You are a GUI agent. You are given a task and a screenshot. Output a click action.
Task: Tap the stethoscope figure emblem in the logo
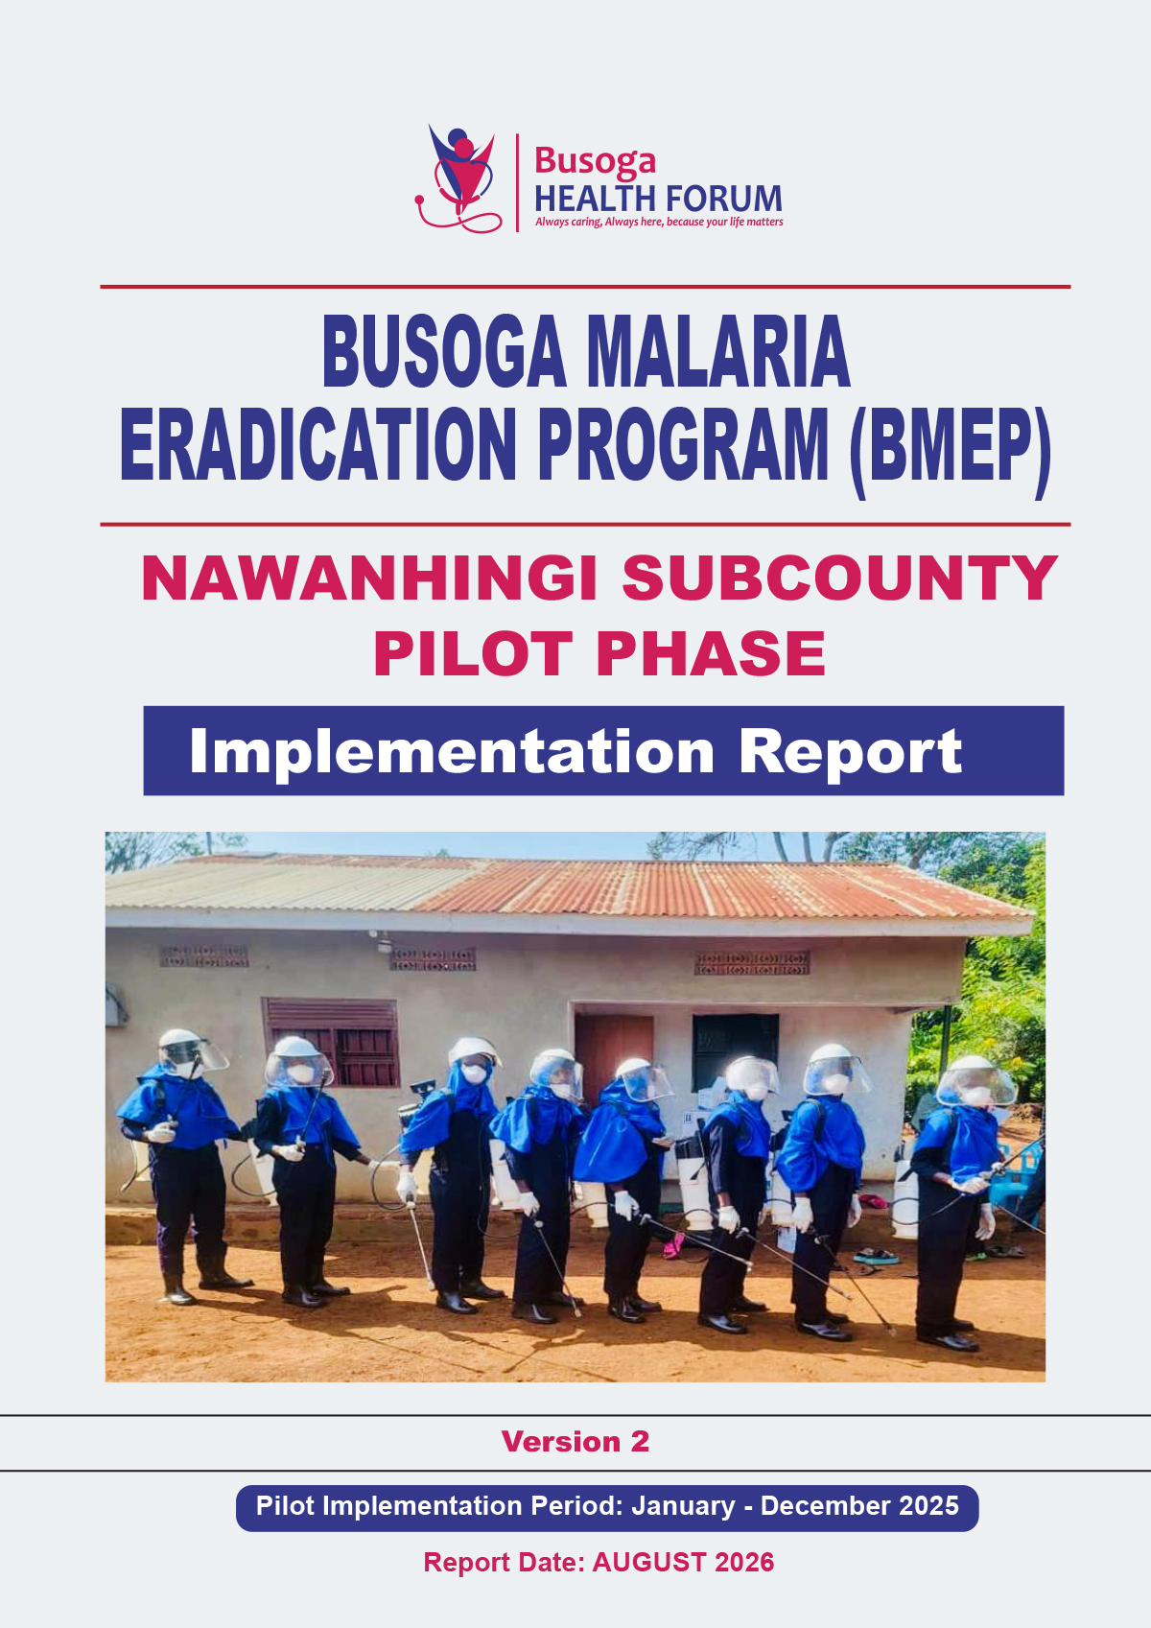coord(458,178)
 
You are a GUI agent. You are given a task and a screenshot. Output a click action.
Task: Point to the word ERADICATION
coord(317,444)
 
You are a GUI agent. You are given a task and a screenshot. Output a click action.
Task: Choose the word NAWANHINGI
coord(370,578)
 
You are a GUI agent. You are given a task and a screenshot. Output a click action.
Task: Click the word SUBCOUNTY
coord(840,578)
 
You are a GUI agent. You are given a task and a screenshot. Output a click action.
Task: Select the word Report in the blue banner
coord(850,753)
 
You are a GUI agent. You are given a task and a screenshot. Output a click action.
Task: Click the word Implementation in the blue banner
coord(452,753)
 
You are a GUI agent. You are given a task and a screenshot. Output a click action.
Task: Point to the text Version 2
coord(575,1441)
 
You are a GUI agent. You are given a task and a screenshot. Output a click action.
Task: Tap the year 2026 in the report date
coord(744,1562)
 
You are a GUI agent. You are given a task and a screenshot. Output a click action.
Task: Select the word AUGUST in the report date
coord(649,1562)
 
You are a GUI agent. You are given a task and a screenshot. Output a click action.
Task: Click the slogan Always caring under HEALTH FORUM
coord(569,222)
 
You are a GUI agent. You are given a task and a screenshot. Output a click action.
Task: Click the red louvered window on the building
coord(331,1042)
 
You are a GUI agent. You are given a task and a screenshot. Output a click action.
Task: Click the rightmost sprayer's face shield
coord(976,1087)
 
